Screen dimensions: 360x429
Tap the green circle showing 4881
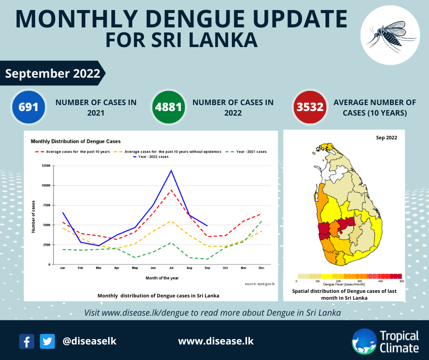pyautogui.click(x=169, y=107)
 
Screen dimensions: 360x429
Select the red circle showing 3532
pyautogui.click(x=310, y=107)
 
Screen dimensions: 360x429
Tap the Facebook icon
pyautogui.click(x=26, y=341)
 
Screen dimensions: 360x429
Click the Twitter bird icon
pyautogui.click(x=47, y=341)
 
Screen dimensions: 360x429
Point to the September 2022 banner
pyautogui.click(x=52, y=73)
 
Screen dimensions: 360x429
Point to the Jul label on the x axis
pyautogui.click(x=171, y=268)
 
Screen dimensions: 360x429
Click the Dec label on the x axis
pyautogui.click(x=261, y=268)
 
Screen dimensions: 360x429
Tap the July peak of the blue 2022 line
pyautogui.click(x=171, y=170)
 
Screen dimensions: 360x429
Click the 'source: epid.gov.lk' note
pyautogui.click(x=260, y=284)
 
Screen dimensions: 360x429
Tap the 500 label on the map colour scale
pyautogui.click(x=402, y=281)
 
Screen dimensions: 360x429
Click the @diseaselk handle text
pyautogui.click(x=89, y=341)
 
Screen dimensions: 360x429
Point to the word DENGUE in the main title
pyautogui.click(x=183, y=19)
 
